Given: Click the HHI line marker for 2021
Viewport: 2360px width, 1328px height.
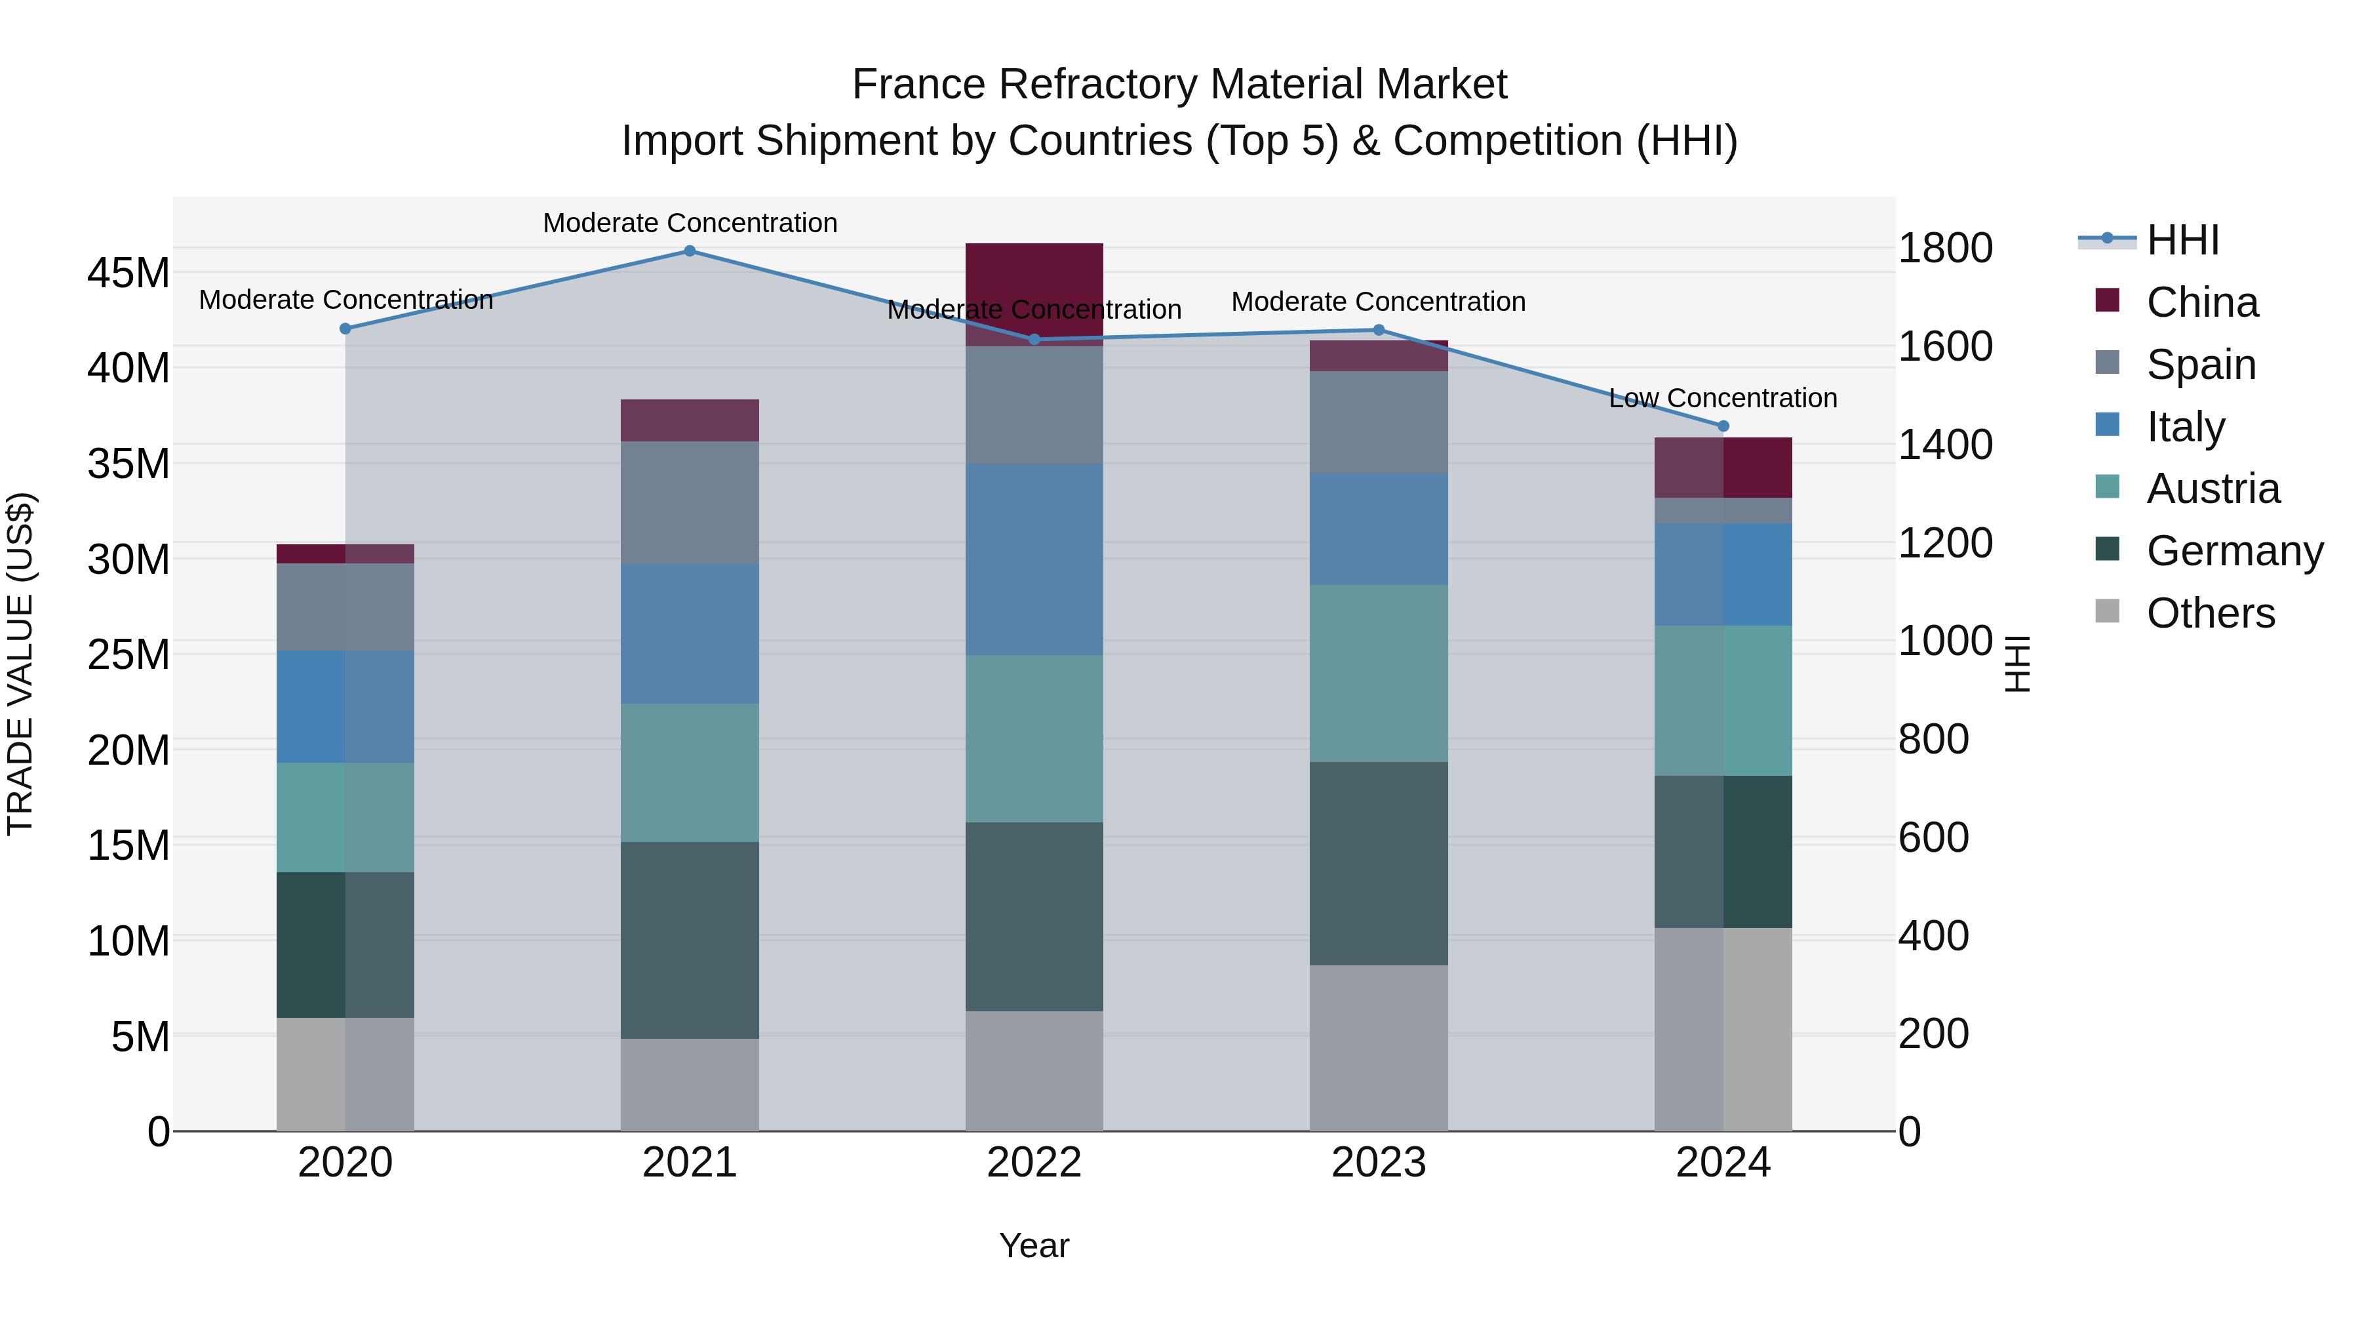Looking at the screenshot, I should (690, 251).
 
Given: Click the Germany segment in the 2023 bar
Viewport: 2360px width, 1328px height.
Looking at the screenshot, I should (1379, 863).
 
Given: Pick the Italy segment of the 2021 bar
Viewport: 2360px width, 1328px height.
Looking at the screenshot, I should (690, 634).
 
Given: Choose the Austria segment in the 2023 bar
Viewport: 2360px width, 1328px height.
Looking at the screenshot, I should (1379, 674).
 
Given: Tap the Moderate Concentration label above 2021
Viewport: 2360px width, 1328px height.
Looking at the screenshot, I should (690, 223).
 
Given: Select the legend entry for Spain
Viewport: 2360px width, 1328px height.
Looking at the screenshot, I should (2201, 365).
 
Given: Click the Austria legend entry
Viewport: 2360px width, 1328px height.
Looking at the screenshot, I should (2212, 489).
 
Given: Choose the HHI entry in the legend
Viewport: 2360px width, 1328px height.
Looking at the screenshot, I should (2182, 240).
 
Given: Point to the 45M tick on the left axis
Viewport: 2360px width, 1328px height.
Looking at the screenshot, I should (128, 273).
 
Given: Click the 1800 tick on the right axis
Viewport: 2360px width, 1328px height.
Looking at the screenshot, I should (1945, 249).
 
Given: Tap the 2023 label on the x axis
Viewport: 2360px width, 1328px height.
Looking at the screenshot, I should (1379, 1163).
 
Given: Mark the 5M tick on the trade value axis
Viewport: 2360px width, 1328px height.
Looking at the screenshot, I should (140, 1037).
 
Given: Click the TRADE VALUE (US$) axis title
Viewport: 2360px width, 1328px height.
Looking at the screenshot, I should (20, 664).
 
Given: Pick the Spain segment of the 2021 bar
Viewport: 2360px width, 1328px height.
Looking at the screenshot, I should (690, 502).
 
